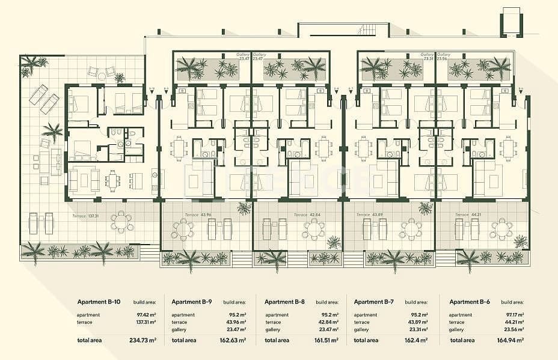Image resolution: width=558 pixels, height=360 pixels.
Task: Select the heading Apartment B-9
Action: pos(192,302)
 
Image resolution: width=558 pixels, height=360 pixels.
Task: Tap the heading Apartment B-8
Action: pos(284,302)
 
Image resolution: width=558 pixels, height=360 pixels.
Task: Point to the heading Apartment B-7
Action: pos(374,302)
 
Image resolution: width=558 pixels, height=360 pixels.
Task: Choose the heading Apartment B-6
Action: pos(470,302)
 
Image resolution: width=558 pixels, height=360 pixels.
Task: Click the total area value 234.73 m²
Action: pos(144,340)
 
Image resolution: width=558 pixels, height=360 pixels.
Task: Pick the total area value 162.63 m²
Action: pos(235,340)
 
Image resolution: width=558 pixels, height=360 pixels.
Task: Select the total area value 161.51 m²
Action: pos(327,340)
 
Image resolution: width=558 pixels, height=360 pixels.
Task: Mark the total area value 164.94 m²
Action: pos(512,340)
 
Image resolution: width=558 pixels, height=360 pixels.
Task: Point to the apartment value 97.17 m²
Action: pos(513,315)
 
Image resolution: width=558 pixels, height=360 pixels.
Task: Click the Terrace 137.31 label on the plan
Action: pos(85,215)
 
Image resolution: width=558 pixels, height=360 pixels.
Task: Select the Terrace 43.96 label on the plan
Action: pos(200,215)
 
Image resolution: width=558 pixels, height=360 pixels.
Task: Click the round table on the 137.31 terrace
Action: pos(122,222)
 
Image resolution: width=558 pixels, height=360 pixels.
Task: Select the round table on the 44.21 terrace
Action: pos(501,229)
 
